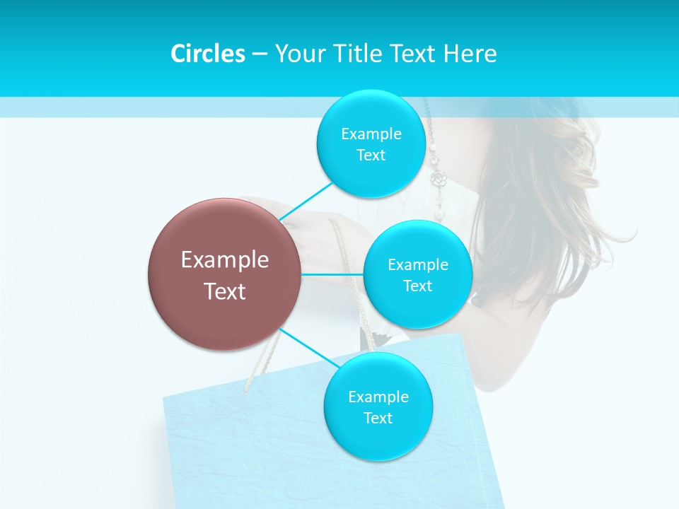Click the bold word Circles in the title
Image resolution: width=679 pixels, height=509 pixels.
[x=207, y=54]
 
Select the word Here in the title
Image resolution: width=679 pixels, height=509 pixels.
[x=470, y=54]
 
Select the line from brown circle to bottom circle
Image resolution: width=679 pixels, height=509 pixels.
[x=307, y=347]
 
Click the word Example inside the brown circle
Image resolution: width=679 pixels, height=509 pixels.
[x=225, y=260]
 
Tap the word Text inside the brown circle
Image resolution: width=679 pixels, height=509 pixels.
[x=225, y=291]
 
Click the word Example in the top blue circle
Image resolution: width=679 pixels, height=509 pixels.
[x=371, y=134]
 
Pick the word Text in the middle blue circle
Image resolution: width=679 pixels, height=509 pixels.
[x=417, y=286]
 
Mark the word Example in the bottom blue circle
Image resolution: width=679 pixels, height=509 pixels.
[x=378, y=397]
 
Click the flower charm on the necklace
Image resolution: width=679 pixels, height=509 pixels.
[x=439, y=179]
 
